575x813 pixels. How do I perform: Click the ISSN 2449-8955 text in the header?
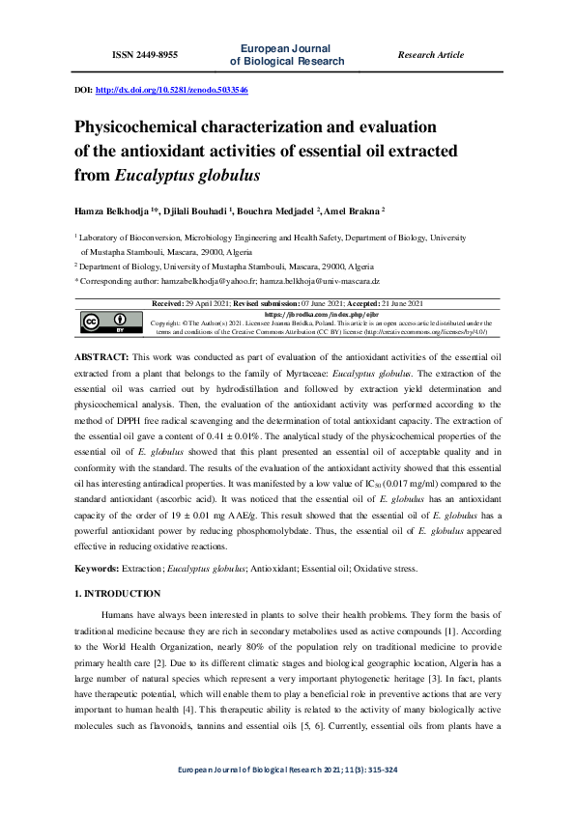tap(145, 55)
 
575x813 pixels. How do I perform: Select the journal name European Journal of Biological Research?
tap(287, 55)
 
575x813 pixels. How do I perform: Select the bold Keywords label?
tap(101, 569)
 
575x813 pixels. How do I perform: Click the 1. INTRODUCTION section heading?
tap(118, 593)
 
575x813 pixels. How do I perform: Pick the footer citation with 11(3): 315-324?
tap(287, 795)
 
